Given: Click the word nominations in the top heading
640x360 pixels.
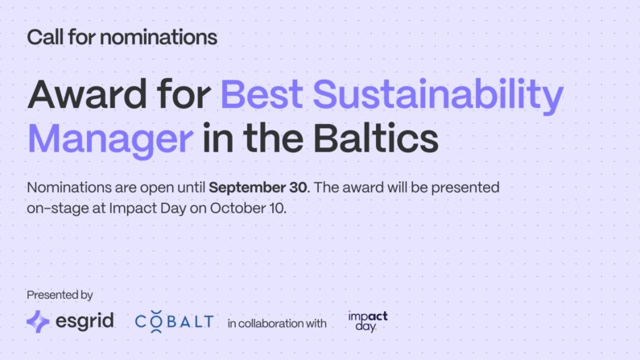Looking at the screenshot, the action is click(x=159, y=37).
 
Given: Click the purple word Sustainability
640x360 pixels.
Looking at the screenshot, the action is click(x=438, y=97).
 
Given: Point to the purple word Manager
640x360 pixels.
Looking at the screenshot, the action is click(x=110, y=140).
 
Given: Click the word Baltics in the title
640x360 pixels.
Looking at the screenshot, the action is click(x=376, y=139).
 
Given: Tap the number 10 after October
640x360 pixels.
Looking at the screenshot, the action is click(x=277, y=208).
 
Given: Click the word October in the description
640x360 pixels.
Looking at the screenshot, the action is click(x=237, y=208).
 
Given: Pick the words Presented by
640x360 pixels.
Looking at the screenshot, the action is click(x=60, y=295).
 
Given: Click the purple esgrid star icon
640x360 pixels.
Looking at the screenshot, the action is click(x=38, y=321).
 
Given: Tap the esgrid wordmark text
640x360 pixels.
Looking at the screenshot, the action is click(x=85, y=321).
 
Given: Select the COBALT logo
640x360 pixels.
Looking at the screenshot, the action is click(x=174, y=321).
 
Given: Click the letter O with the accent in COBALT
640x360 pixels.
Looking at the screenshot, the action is click(x=156, y=321).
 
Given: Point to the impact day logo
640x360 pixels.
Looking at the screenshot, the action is click(x=368, y=321).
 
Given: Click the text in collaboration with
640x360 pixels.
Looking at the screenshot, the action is click(x=277, y=324).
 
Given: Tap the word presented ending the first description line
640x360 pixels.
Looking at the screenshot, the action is click(x=465, y=188).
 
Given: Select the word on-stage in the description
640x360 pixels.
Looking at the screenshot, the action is click(x=58, y=209).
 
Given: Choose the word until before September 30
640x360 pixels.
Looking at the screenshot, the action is click(x=191, y=188).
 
